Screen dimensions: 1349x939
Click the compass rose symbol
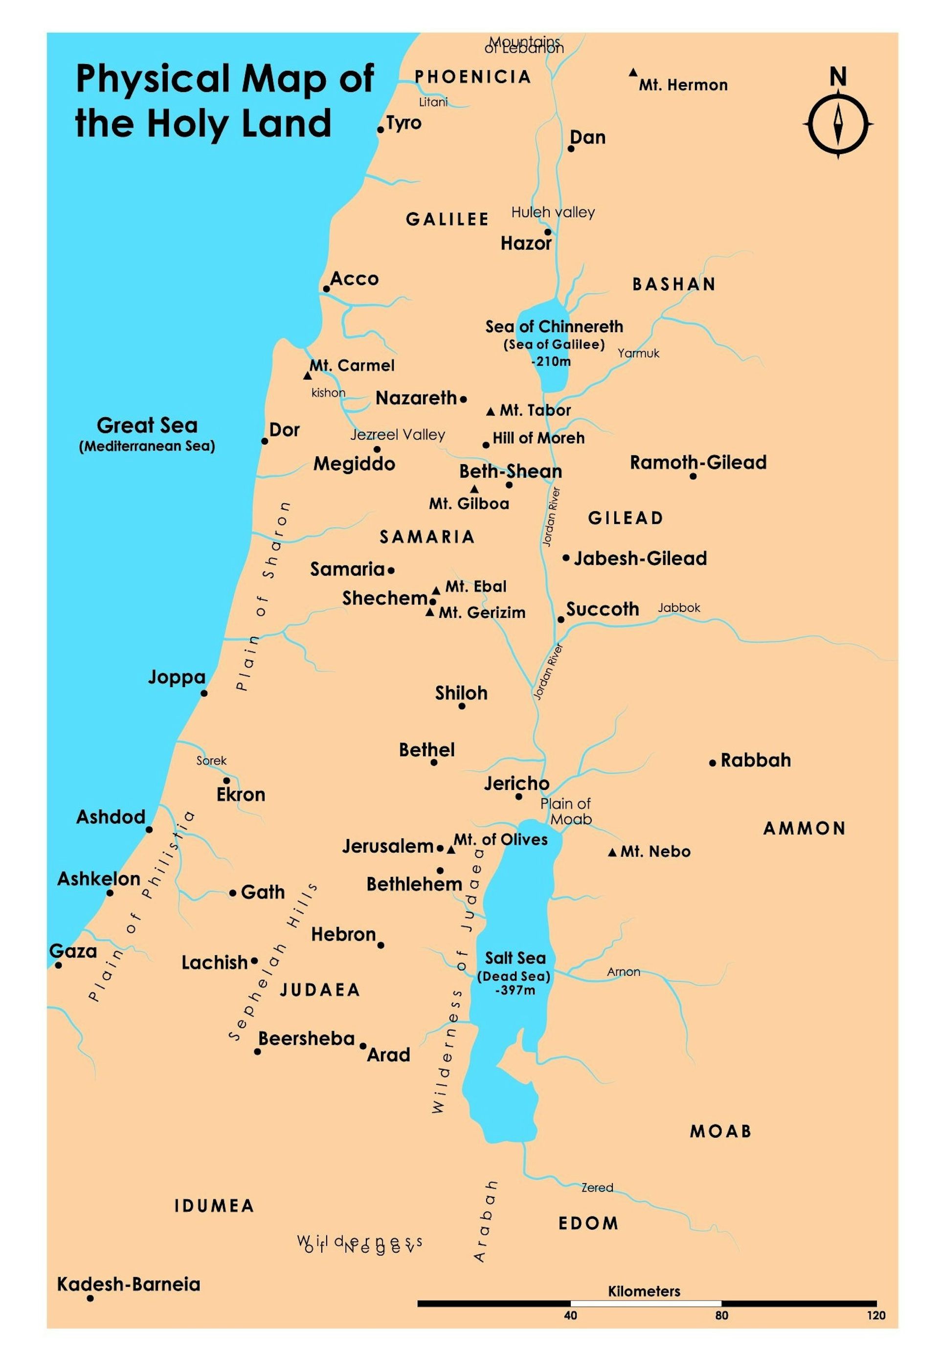point(838,123)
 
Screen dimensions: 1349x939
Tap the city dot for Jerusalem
point(440,848)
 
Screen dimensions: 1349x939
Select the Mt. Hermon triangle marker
point(632,73)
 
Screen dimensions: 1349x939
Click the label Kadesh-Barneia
point(128,1284)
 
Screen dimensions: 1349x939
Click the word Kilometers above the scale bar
point(644,1291)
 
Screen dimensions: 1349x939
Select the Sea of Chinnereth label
point(554,327)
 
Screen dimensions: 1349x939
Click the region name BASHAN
point(673,284)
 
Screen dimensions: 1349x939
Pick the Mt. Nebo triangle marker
point(612,852)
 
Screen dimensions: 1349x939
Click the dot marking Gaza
point(58,965)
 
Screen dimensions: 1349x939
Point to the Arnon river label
point(623,972)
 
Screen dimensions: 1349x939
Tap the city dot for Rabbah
point(712,763)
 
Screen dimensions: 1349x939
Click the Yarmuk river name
point(638,353)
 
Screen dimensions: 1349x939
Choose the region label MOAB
point(720,1131)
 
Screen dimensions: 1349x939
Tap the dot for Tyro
point(380,129)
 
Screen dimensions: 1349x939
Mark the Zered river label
point(597,1188)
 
